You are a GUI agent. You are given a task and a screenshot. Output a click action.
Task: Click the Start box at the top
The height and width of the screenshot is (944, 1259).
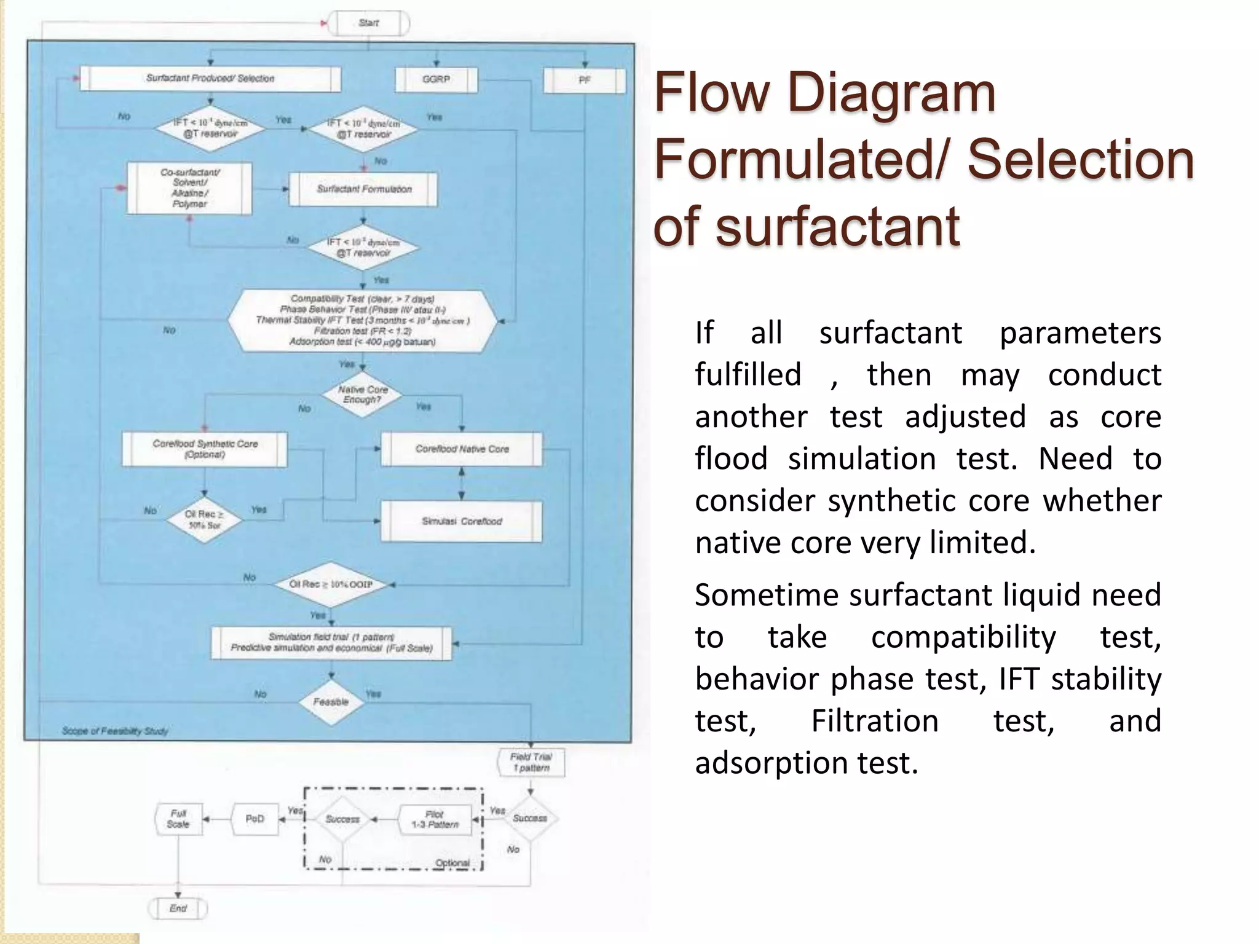369,23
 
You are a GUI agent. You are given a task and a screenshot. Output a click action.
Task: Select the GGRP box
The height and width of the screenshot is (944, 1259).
436,79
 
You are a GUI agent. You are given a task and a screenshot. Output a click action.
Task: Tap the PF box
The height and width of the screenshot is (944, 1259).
584,81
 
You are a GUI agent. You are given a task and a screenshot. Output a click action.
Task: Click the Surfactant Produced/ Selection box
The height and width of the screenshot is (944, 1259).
210,79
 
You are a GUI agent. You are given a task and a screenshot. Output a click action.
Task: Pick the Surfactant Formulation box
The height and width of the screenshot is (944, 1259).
363,189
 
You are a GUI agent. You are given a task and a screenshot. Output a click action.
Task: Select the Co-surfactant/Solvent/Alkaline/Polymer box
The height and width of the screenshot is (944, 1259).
189,188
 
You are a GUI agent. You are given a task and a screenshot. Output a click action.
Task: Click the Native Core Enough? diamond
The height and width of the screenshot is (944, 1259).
363,395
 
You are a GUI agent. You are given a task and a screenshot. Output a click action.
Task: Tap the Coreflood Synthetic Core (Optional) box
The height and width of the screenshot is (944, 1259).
205,449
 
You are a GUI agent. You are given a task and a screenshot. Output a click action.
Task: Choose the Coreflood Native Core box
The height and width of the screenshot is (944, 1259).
462,449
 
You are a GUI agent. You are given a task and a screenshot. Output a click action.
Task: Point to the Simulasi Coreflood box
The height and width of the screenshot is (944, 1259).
462,521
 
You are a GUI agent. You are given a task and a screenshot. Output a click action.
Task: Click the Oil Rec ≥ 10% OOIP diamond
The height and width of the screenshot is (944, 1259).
331,584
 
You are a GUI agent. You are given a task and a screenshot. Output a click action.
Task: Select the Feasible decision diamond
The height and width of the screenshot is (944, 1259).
331,702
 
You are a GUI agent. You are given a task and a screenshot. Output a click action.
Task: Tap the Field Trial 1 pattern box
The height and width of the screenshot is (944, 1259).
531,763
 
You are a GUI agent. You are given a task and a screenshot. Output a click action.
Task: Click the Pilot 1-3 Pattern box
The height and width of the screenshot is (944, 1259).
435,819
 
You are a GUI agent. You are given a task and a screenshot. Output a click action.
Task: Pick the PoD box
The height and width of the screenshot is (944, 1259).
255,819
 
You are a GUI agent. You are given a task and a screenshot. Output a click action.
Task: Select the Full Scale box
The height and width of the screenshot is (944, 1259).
178,819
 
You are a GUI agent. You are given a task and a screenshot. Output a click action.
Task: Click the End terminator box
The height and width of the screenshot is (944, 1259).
178,908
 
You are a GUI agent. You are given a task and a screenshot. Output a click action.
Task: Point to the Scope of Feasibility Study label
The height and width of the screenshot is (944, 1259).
115,731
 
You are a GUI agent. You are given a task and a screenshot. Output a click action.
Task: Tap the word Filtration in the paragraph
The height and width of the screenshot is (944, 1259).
875,721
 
